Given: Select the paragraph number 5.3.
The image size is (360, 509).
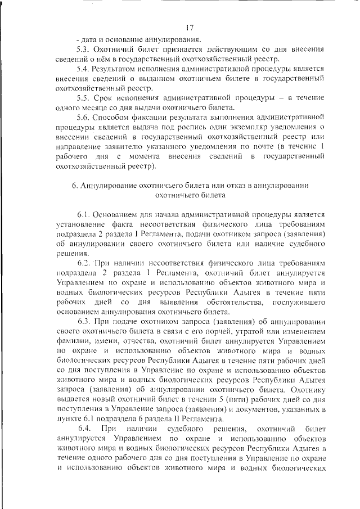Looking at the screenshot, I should click(x=83, y=49).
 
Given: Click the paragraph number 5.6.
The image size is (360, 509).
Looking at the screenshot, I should click(x=83, y=118).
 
